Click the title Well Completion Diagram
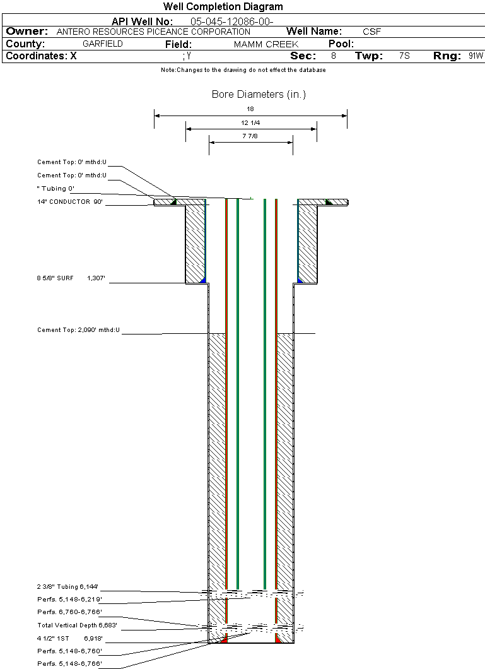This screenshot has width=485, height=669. click(223, 7)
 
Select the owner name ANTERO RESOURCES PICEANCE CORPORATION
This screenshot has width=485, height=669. click(153, 32)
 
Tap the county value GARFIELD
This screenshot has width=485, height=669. click(103, 44)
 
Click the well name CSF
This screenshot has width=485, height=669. click(371, 32)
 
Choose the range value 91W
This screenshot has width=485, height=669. click(476, 56)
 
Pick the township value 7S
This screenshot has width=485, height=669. click(404, 56)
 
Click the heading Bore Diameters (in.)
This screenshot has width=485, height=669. click(259, 95)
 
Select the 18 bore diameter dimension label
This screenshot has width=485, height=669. click(250, 109)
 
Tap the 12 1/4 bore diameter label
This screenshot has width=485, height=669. click(250, 122)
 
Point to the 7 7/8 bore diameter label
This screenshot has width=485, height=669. click(250, 136)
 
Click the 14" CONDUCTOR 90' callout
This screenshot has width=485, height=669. click(69, 202)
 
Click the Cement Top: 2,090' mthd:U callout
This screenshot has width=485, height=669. click(78, 330)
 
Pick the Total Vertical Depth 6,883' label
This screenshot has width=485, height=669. click(78, 625)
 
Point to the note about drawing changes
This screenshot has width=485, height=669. click(243, 70)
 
